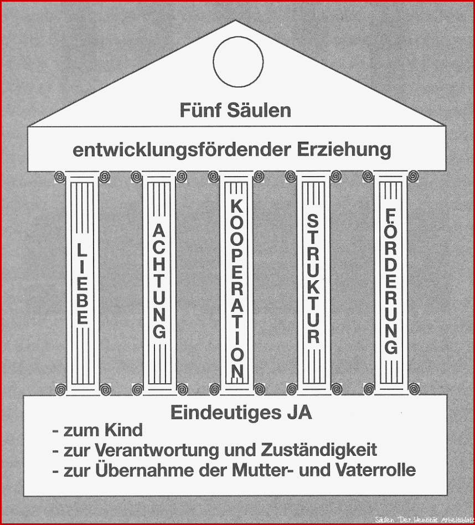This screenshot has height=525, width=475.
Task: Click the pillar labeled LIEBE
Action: pyautogui.click(x=82, y=283)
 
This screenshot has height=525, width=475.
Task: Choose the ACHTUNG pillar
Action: pyautogui.click(x=159, y=283)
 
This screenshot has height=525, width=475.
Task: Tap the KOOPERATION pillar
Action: pyautogui.click(x=236, y=283)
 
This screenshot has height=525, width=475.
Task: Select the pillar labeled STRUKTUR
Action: pyautogui.click(x=313, y=283)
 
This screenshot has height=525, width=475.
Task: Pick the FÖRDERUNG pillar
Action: pyautogui.click(x=391, y=283)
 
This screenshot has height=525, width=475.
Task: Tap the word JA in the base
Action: pyautogui.click(x=299, y=413)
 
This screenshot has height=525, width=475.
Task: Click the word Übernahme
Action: pyautogui.click(x=144, y=470)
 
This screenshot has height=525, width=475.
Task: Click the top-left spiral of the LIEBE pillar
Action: pyautogui.click(x=60, y=177)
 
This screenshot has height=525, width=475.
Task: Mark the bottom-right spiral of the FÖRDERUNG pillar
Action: pyautogui.click(x=414, y=389)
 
